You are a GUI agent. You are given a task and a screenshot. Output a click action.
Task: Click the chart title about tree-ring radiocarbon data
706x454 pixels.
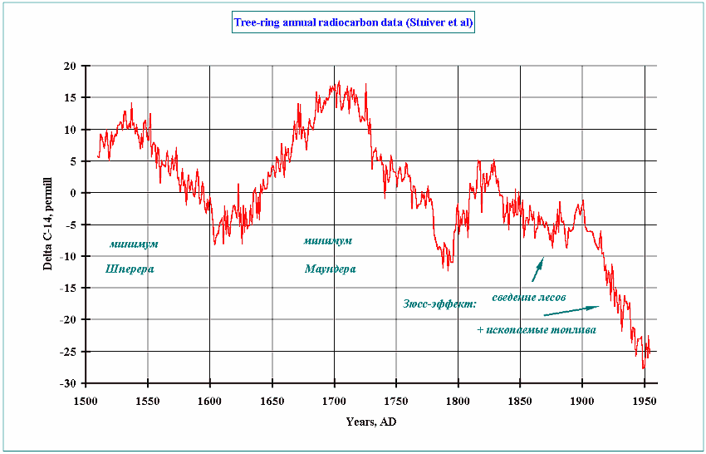[x=353, y=24]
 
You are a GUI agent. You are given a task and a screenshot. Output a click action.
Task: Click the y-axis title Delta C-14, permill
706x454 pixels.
[x=48, y=225]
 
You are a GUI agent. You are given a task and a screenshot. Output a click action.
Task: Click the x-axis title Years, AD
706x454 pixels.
[x=371, y=422]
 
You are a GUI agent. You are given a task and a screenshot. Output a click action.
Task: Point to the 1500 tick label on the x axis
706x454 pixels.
[x=86, y=400]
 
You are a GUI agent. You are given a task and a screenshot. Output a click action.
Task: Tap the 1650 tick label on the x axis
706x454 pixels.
[x=272, y=400]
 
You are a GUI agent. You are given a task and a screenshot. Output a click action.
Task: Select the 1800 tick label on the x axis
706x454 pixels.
[x=458, y=400]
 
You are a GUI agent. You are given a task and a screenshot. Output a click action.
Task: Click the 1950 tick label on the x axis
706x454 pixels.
[x=644, y=400]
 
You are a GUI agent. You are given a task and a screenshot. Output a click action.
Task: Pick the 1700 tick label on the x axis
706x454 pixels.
[x=334, y=400]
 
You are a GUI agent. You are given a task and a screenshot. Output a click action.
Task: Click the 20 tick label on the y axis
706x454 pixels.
[x=71, y=66]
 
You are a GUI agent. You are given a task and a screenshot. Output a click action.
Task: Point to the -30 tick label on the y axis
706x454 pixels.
[x=68, y=383]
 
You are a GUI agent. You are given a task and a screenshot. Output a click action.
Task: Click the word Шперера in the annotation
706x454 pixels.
[x=130, y=269]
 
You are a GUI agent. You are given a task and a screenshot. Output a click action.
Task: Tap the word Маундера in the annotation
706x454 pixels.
[x=330, y=269]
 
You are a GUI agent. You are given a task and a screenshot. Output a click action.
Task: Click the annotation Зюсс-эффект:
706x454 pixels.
[x=439, y=304]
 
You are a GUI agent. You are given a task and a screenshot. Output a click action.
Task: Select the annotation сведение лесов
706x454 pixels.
[x=529, y=297]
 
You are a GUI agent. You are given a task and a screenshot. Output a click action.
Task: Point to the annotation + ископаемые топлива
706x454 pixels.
[x=537, y=329]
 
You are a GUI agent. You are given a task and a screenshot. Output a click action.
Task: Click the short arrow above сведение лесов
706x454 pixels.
[x=537, y=269]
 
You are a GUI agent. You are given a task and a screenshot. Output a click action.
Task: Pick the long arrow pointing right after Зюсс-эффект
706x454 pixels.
[x=571, y=311]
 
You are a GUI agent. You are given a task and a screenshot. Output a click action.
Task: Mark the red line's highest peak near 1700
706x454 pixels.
[x=339, y=81]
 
